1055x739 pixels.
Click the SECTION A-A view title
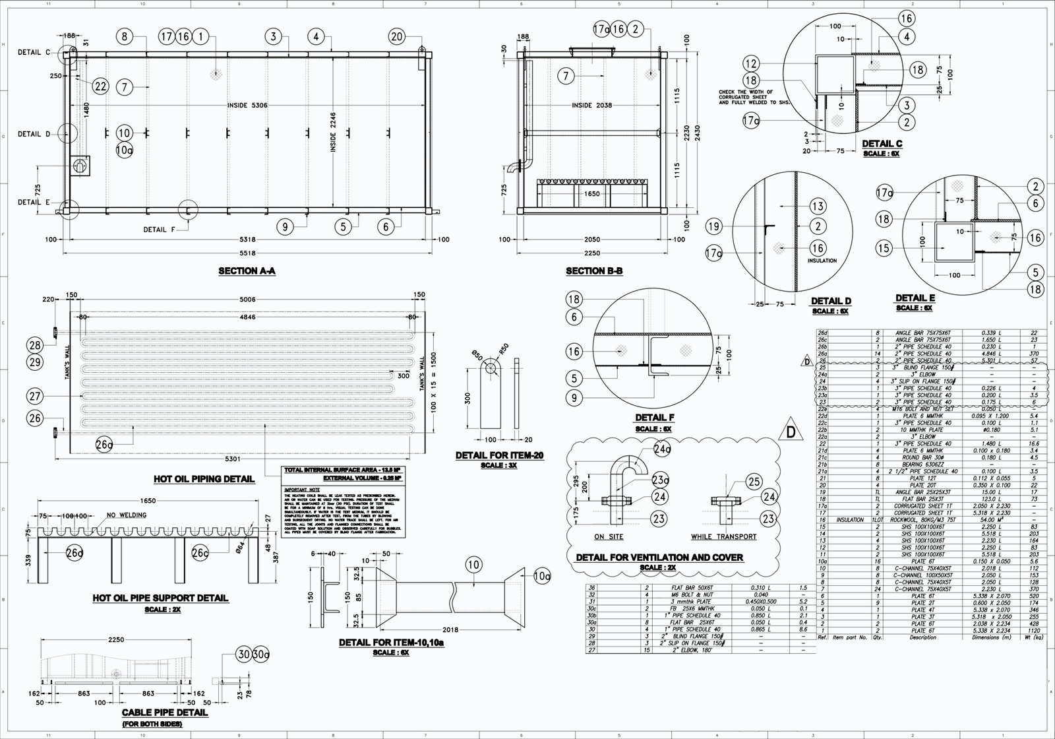[x=247, y=271]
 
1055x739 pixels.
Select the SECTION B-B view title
[x=594, y=271]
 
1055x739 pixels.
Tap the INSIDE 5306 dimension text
[x=247, y=105]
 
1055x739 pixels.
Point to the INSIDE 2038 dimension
[x=592, y=105]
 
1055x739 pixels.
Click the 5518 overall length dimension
[x=247, y=253]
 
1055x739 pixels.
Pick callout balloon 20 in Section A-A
[x=396, y=37]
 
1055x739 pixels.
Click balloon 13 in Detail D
[x=818, y=207]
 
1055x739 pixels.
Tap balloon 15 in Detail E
[x=884, y=248]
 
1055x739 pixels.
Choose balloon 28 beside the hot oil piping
[x=34, y=344]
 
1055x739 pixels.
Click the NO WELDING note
[x=127, y=515]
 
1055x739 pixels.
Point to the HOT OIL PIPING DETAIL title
[x=204, y=479]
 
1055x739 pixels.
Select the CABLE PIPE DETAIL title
[x=165, y=713]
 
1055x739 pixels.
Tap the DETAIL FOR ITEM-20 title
[x=498, y=456]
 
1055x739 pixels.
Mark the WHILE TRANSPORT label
[x=723, y=536]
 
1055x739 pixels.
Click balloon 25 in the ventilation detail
[x=754, y=482]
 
